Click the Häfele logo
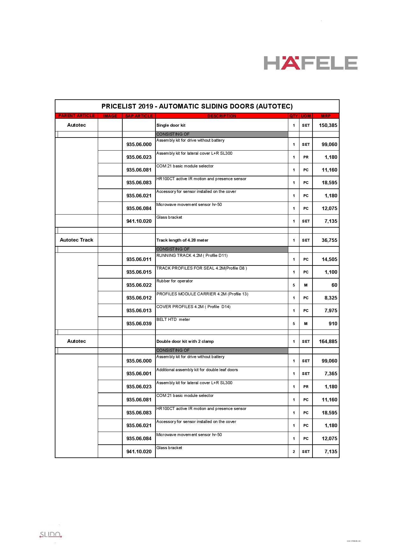[x=311, y=63]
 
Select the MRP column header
[x=326, y=116]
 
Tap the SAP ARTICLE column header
[x=139, y=116]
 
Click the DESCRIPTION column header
[x=222, y=116]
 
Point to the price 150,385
[x=328, y=125]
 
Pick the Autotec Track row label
[x=76, y=240]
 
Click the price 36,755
[x=329, y=240]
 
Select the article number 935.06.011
[x=139, y=259]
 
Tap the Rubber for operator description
[x=175, y=281]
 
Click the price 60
[x=334, y=285]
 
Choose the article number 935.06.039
[x=139, y=324]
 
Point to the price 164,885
[x=328, y=342]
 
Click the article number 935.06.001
[x=139, y=374]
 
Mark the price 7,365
[x=331, y=374]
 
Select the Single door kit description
[x=171, y=125]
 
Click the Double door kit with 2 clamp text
[x=185, y=342]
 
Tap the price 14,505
[x=329, y=259]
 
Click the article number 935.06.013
[x=139, y=311]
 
